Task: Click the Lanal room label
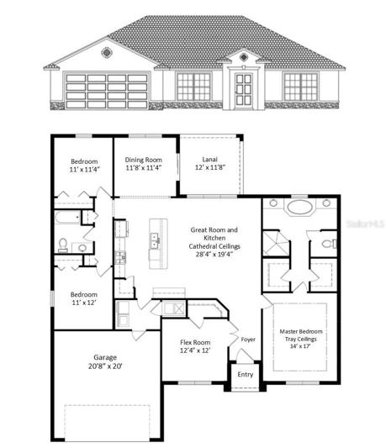210,160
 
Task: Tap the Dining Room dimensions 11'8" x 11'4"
144,168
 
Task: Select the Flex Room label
195,342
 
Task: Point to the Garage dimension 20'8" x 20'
105,366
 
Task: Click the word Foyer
248,340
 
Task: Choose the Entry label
246,374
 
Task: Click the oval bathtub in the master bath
299,207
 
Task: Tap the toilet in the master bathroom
329,244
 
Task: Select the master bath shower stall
276,243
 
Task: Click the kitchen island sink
155,241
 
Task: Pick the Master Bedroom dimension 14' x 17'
300,346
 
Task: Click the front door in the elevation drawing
244,90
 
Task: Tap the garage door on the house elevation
107,91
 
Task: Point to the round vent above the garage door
106,53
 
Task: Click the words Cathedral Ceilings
214,246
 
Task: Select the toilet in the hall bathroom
63,245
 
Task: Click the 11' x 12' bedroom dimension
84,303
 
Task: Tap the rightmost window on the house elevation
301,87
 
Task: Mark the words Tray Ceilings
301,339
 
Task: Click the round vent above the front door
244,57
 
